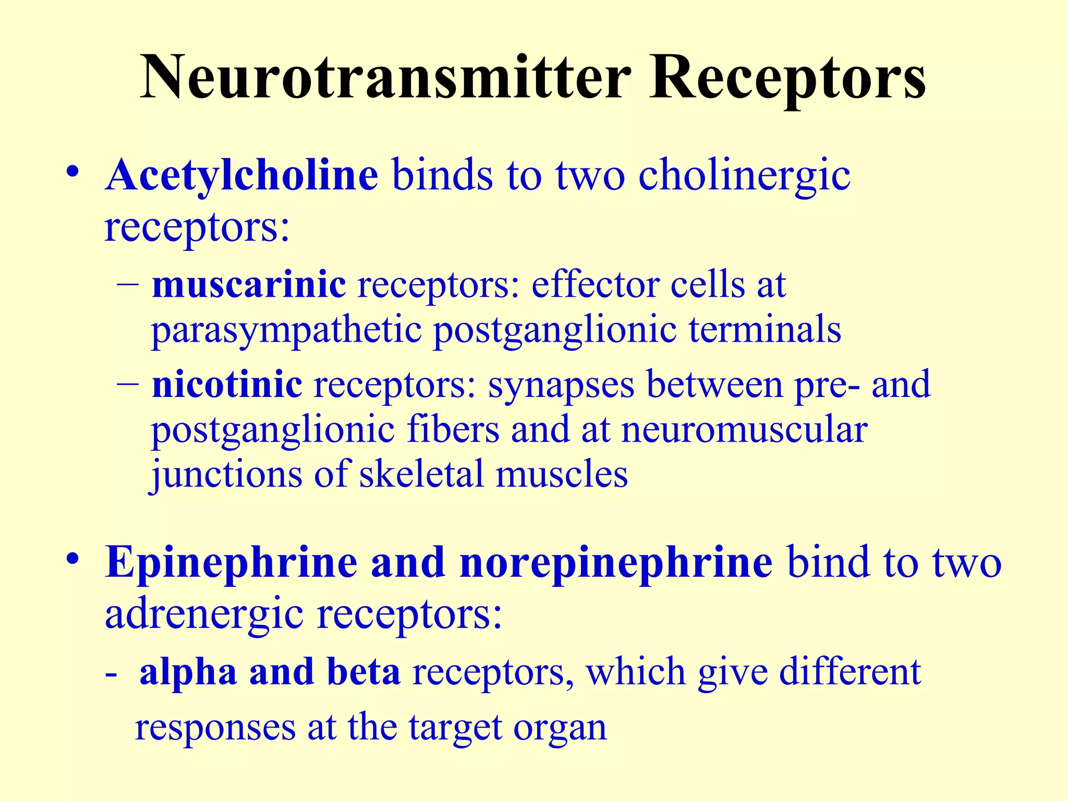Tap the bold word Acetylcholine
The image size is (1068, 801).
coord(241,175)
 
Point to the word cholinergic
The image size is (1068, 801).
coord(745,176)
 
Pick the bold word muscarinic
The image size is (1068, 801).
coord(249,285)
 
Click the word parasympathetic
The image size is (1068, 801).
coord(286,331)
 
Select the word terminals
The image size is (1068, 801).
coord(765,330)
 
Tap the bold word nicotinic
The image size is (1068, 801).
coord(227,384)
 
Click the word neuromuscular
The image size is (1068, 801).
coord(745,430)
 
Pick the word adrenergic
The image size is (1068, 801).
coord(204,614)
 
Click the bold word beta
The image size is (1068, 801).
coord(363,672)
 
